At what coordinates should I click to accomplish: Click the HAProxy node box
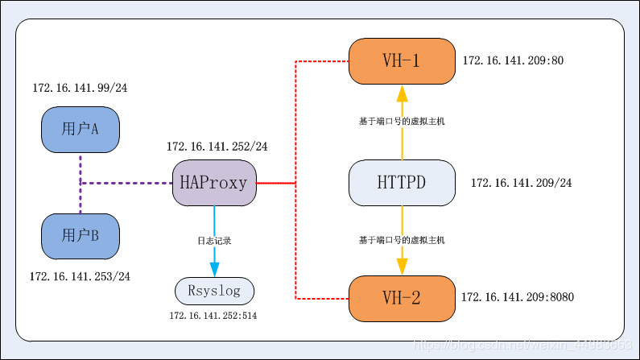[x=214, y=183]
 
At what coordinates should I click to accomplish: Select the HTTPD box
[x=401, y=183]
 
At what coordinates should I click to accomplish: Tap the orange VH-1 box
[x=401, y=60]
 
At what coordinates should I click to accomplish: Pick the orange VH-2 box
[x=401, y=298]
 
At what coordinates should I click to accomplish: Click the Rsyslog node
[x=214, y=290]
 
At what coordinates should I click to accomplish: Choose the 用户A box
[x=81, y=128]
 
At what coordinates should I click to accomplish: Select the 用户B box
[x=81, y=235]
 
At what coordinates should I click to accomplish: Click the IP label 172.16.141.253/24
[x=80, y=276]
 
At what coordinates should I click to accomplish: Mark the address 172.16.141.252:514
[x=213, y=316]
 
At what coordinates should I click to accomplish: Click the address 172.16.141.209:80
[x=512, y=60]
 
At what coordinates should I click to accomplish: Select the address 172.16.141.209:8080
[x=518, y=297]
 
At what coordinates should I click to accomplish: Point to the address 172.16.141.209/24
[x=522, y=183]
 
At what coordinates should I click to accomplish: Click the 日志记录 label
[x=214, y=241]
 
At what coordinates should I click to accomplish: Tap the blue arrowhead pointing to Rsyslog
[x=214, y=269]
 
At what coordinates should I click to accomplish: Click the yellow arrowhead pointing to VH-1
[x=401, y=93]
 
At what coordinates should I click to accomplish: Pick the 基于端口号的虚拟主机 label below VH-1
[x=401, y=121]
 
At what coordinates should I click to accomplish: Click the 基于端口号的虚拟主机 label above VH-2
[x=401, y=240]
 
